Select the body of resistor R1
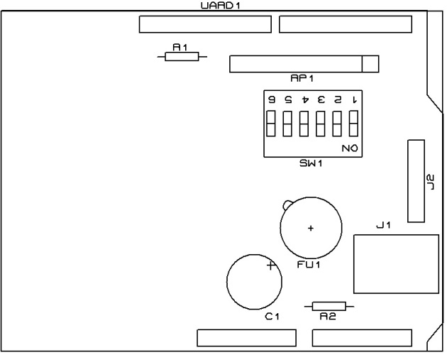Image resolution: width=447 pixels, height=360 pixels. [182, 57]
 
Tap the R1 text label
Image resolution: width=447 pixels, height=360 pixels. [180, 47]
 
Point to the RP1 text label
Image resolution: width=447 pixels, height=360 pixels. [302, 77]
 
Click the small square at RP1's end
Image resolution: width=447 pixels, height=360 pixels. [370, 64]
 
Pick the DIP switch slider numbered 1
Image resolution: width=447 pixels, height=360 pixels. [353, 124]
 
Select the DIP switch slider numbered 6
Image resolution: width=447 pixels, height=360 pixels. [270, 124]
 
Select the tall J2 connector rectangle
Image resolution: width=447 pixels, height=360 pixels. [416, 181]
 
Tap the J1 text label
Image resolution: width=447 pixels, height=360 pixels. [383, 226]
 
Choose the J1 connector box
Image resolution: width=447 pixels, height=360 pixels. [394, 262]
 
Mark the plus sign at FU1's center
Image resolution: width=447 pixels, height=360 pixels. [310, 228]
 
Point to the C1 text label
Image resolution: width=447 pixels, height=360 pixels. [272, 317]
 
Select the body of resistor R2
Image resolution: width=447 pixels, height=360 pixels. [329, 306]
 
